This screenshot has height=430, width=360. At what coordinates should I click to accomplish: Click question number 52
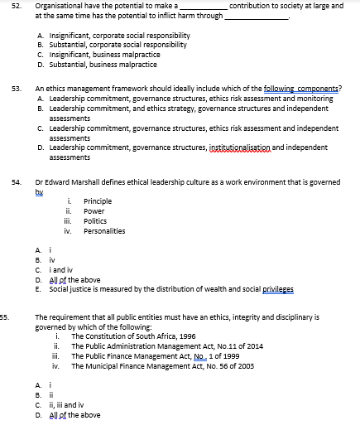15,6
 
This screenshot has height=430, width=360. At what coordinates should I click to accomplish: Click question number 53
15,87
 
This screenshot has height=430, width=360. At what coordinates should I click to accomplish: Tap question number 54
15,180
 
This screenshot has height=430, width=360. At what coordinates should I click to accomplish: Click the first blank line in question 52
204,7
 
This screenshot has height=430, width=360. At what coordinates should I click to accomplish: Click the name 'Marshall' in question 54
94,180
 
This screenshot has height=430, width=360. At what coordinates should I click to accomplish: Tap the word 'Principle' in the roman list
98,201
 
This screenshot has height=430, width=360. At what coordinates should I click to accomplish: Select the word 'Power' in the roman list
94,211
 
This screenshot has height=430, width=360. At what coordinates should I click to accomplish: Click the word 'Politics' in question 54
95,221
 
